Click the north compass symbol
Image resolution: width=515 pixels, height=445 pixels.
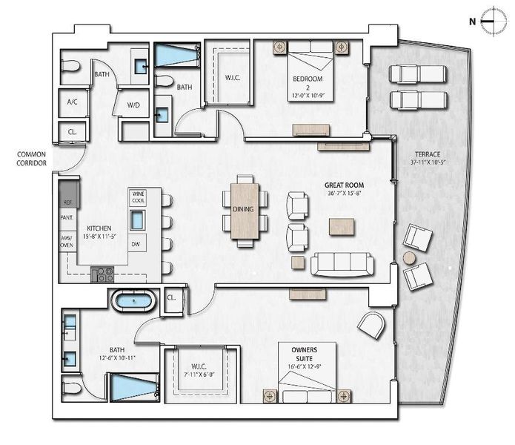[x=488, y=22]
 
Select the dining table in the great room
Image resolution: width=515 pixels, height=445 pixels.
[x=244, y=210]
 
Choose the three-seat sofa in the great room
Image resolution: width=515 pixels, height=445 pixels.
[x=342, y=264]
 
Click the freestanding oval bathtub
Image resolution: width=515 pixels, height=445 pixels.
[x=133, y=301]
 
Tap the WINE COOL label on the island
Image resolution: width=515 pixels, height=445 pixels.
[x=138, y=197]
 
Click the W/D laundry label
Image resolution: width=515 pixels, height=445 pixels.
[x=133, y=105]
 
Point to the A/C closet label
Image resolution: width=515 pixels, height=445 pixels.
[x=73, y=102]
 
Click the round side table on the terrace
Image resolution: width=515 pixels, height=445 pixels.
[x=409, y=258]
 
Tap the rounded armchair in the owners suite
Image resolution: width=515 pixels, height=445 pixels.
[x=371, y=323]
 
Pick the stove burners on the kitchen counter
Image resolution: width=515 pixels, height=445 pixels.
[x=103, y=275]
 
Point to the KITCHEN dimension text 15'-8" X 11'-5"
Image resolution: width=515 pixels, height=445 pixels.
[x=99, y=237]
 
